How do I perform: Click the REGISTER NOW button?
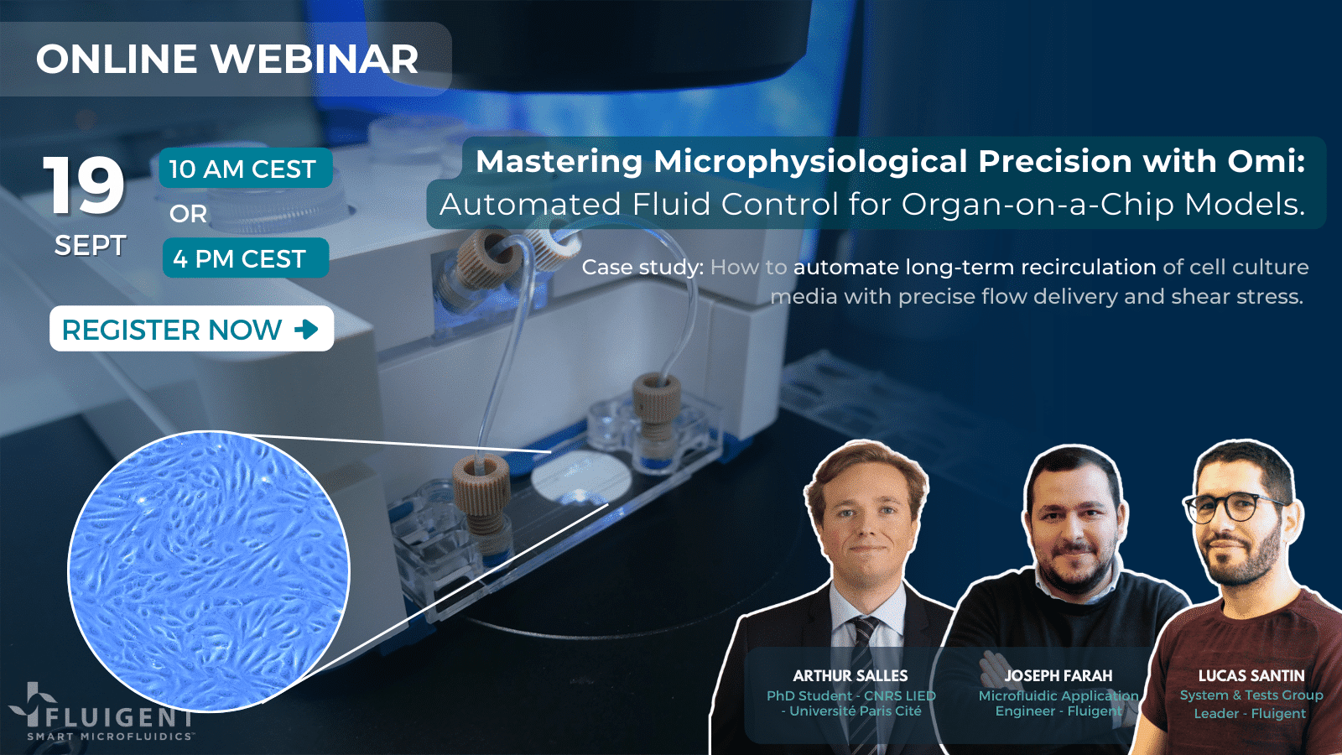pyautogui.click(x=191, y=329)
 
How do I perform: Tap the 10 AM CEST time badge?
pyautogui.click(x=244, y=169)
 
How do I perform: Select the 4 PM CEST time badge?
pyautogui.click(x=244, y=258)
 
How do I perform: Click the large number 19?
pyautogui.click(x=84, y=186)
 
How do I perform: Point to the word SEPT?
pyautogui.click(x=90, y=246)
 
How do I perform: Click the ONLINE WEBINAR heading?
pyautogui.click(x=226, y=60)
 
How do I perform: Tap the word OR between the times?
pyautogui.click(x=188, y=214)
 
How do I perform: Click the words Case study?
pyautogui.click(x=642, y=267)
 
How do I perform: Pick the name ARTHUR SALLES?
pyautogui.click(x=850, y=675)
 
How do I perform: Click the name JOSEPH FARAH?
pyautogui.click(x=1058, y=675)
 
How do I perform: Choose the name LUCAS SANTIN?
pyautogui.click(x=1251, y=675)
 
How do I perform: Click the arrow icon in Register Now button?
pyautogui.click(x=306, y=329)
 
